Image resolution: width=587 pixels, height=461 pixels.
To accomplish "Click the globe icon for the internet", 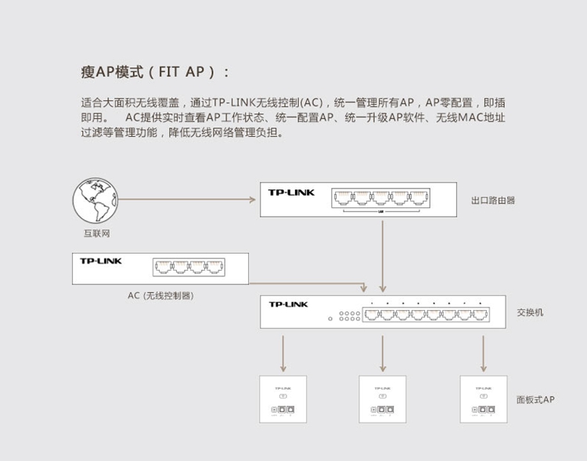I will tap(92, 201).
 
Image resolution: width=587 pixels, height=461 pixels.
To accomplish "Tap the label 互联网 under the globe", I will tap(96, 234).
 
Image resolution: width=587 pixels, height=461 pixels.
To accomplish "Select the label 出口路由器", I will tap(493, 200).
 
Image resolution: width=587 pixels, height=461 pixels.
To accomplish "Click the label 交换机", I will tap(530, 312).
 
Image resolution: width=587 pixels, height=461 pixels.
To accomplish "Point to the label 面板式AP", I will tap(535, 399).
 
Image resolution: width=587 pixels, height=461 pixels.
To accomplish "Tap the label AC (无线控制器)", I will tap(160, 296).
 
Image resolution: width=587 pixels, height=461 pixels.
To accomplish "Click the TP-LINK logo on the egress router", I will tap(291, 193).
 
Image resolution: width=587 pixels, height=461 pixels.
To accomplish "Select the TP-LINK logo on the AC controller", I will tap(101, 261).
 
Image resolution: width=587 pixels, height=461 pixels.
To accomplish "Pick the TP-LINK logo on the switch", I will tap(289, 304).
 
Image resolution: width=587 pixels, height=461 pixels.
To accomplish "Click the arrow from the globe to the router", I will tap(188, 200).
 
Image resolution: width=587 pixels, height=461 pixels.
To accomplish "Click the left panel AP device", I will tap(283, 399).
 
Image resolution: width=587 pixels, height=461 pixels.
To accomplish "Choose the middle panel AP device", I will tap(383, 399).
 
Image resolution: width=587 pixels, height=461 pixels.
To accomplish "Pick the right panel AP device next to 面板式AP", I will tap(483, 399).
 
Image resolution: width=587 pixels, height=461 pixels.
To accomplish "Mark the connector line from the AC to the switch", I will tap(313, 283).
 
